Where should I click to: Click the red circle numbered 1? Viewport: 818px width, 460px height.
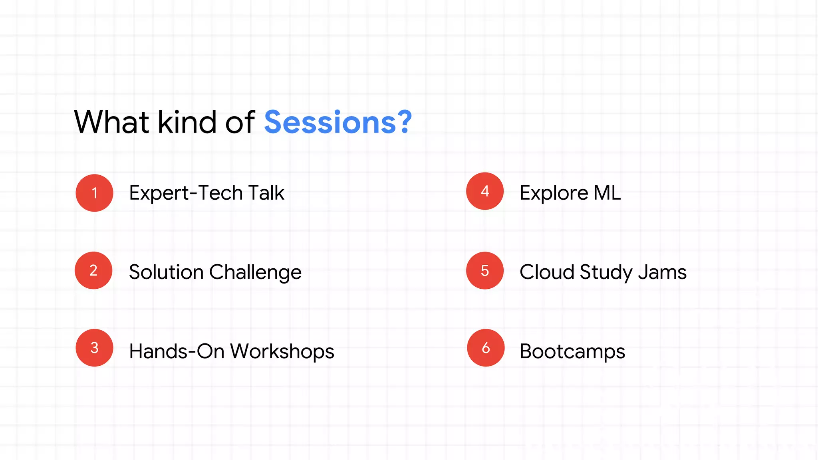94,193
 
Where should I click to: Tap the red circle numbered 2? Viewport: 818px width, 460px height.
93,270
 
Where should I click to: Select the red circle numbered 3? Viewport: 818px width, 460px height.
94,348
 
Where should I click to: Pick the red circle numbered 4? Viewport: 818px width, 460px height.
485,191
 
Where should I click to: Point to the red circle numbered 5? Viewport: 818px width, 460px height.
485,270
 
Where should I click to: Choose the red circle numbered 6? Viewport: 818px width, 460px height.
486,348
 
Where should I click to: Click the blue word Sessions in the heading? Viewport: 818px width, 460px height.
330,122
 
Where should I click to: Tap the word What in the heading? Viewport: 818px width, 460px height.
112,122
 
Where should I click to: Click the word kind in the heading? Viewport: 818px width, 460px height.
187,122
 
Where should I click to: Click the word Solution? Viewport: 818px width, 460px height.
166,272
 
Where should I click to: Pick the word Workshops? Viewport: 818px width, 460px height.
282,352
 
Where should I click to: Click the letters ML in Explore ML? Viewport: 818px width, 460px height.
607,193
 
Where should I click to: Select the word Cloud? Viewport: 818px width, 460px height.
547,272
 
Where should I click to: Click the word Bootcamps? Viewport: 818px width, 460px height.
572,352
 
